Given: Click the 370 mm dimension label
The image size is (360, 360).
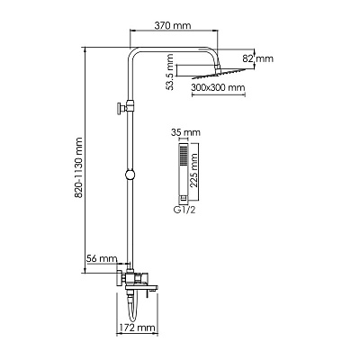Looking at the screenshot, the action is (173, 25).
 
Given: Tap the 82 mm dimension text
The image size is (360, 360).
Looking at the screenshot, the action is (258, 58).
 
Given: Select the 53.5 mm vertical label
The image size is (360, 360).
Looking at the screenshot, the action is (170, 72).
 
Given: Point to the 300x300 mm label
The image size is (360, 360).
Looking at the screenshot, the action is (218, 88).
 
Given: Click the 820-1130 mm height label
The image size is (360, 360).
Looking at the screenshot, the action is (78, 167).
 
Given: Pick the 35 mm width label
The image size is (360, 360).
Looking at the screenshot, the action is (185, 132).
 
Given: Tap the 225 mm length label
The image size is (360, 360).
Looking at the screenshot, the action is (194, 170).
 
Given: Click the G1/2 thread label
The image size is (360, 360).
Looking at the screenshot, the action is (184, 210).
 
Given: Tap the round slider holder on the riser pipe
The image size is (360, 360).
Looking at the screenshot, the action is (130, 175).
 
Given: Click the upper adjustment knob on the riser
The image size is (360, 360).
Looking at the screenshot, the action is (121, 107).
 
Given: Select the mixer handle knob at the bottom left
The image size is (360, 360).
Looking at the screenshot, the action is (121, 278).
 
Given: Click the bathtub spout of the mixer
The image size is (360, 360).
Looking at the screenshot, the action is (141, 288).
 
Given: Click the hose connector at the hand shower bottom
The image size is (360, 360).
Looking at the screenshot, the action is (183, 198).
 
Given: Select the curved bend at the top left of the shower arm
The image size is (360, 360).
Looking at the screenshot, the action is (133, 53).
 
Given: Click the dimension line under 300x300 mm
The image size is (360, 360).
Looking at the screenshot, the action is (219, 95).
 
